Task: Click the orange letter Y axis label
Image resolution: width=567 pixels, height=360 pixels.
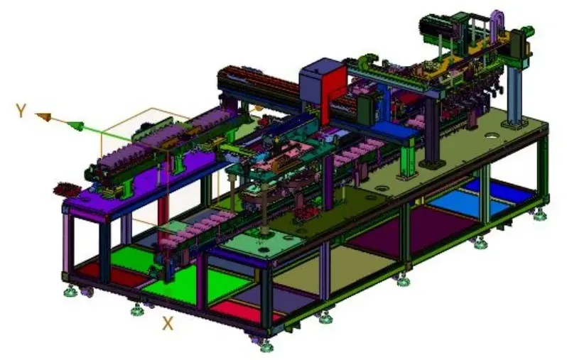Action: (x=21, y=110)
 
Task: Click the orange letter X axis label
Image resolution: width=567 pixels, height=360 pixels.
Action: (x=168, y=324)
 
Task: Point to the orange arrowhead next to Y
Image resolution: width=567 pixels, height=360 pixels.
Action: (x=44, y=116)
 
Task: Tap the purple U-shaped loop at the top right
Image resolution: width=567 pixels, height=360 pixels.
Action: (x=497, y=23)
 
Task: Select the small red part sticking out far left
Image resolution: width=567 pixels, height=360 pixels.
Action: (x=67, y=189)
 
